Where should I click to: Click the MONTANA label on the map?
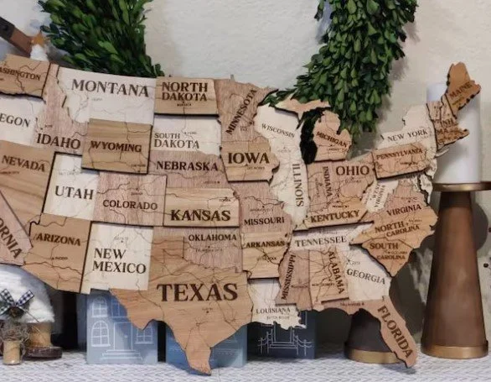click(110, 88)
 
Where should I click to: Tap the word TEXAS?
click(198, 292)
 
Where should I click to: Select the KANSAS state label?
click(200, 215)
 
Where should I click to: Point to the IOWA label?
click(248, 158)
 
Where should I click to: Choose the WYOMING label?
click(116, 147)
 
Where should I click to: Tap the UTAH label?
click(75, 192)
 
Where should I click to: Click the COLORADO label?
click(130, 205)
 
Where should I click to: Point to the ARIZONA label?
click(58, 240)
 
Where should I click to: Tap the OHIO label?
click(354, 170)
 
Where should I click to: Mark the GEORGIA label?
click(365, 275)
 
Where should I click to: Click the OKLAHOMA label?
click(213, 238)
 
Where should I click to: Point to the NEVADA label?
click(23, 164)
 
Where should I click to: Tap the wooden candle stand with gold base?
click(455, 277)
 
